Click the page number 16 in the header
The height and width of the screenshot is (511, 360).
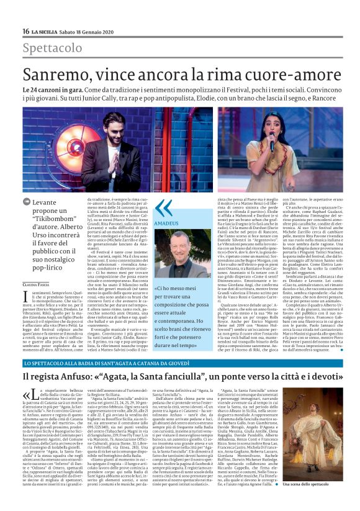click(x=25, y=31)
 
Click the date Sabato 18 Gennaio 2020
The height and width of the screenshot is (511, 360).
click(x=95, y=31)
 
